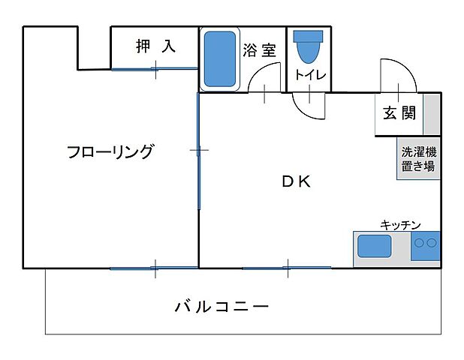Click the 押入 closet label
tap(155, 46)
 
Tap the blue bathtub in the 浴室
tap(220, 58)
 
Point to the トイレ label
tap(309, 75)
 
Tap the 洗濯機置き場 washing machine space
tap(418, 158)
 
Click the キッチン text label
tap(400, 223)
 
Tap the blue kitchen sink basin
tap(373, 247)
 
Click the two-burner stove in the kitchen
tap(426, 244)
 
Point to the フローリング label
tap(110, 151)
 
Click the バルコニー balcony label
tap(221, 306)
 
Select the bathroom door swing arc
tap(264, 77)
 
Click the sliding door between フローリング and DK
tap(199, 151)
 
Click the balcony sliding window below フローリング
tap(154, 268)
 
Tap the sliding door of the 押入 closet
tap(155, 70)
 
